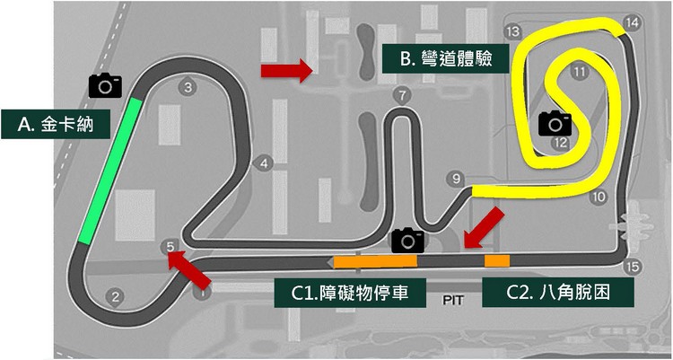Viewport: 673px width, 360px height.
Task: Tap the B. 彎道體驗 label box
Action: click(442, 60)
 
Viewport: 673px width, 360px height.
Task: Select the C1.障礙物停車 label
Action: click(348, 294)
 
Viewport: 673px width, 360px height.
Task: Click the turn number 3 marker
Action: click(187, 87)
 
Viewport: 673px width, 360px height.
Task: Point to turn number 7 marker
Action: click(401, 94)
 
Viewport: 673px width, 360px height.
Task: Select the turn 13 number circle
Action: click(513, 31)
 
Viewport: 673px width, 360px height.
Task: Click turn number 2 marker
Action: click(114, 296)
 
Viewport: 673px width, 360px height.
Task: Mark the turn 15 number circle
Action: click(633, 266)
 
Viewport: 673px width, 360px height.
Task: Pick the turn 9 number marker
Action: click(457, 178)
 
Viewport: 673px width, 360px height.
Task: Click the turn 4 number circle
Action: click(264, 163)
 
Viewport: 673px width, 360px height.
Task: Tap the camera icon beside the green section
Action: click(105, 84)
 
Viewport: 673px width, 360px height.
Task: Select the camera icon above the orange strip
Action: click(408, 239)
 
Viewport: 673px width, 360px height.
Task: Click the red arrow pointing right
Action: click(276, 69)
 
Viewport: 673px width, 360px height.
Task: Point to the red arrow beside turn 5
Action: click(189, 268)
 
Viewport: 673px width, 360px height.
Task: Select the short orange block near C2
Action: click(496, 260)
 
